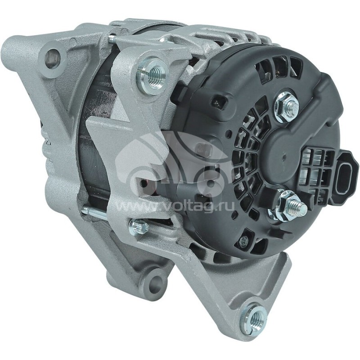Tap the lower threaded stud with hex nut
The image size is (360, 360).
pos(290,205)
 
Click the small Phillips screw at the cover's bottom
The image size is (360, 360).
pos(243,242)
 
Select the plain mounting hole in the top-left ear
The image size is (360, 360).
pos(53,58)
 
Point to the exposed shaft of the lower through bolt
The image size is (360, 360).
pos(94,212)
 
